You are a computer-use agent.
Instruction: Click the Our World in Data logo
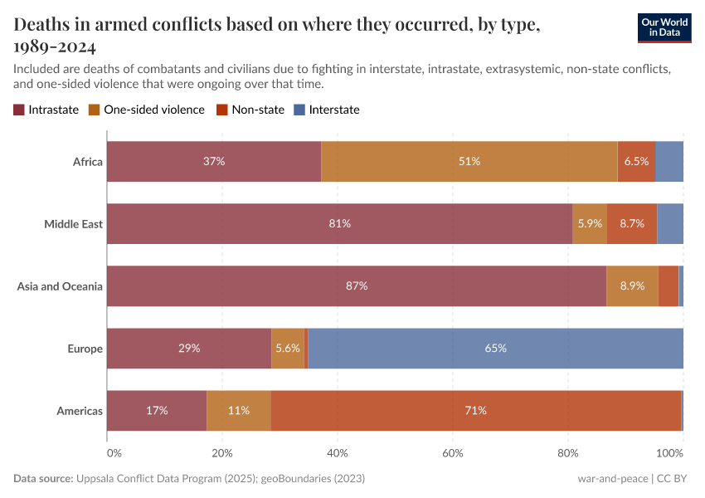tap(665, 27)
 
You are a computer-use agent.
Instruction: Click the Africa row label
tap(87, 162)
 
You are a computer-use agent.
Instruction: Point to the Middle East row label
tap(73, 224)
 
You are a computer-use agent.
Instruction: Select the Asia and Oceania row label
tap(60, 286)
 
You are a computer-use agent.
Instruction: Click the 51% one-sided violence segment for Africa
tap(469, 162)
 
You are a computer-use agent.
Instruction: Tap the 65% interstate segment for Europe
tap(495, 349)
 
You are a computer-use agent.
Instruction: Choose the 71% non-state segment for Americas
tap(475, 411)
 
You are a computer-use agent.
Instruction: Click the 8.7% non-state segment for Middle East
tap(632, 224)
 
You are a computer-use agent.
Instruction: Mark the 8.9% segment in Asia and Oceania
tap(632, 286)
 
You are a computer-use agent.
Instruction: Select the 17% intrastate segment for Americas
tap(157, 411)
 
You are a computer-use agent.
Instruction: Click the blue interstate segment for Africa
tap(669, 162)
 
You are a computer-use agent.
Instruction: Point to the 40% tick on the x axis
tap(338, 454)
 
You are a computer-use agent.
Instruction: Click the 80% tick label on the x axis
tap(567, 454)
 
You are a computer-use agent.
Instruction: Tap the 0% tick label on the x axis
tap(114, 454)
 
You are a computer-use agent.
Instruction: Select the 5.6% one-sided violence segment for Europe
tap(288, 349)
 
